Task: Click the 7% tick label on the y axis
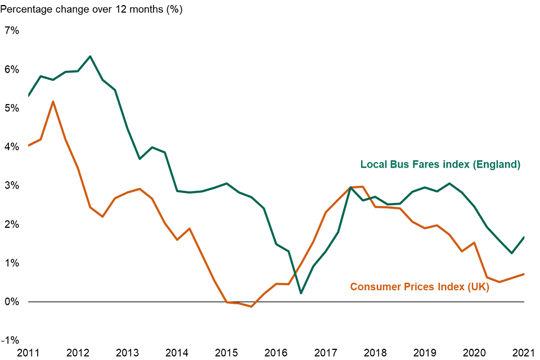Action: (x=12, y=31)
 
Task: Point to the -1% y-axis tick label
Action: (x=11, y=340)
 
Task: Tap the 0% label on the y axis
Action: (x=12, y=302)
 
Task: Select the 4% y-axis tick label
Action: (x=12, y=147)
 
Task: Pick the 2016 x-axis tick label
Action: (x=276, y=353)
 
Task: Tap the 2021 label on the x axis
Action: (x=523, y=353)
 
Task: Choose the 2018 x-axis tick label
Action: (x=375, y=353)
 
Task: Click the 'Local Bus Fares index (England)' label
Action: (x=440, y=165)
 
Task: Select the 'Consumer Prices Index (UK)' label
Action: (x=420, y=287)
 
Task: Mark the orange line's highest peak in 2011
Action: (x=53, y=101)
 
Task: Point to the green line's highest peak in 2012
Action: (x=90, y=56)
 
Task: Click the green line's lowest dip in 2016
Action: (x=301, y=293)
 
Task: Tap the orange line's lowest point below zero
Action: (x=251, y=307)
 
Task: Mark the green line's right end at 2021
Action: (x=524, y=237)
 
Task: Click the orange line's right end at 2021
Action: (x=524, y=274)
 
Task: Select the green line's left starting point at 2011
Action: (x=28, y=96)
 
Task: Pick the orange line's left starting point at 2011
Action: (x=28, y=146)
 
